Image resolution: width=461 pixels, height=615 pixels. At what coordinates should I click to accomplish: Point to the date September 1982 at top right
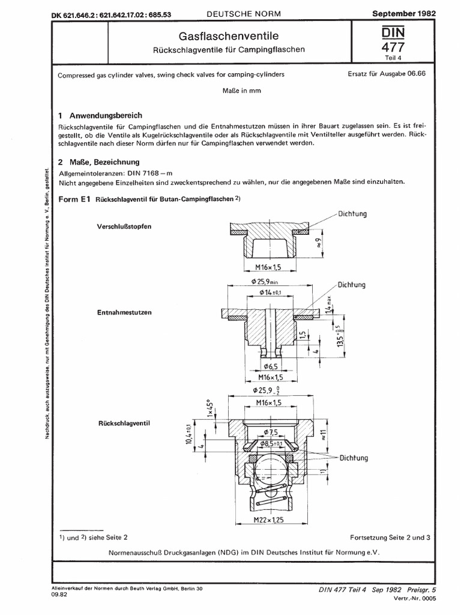405,12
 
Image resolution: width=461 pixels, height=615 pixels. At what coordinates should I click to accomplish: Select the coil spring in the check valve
268,496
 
